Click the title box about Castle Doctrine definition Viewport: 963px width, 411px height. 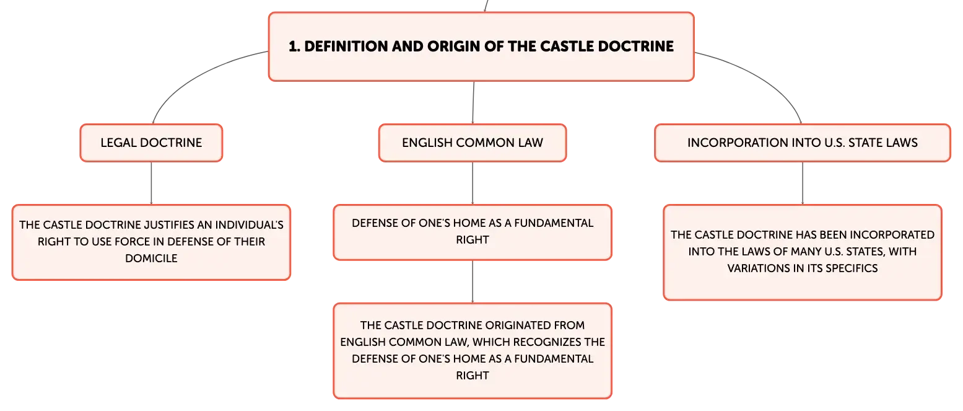(481, 46)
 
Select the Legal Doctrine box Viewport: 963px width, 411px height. (151, 143)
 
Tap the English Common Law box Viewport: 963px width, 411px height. (473, 143)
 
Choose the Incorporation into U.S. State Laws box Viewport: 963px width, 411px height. (803, 143)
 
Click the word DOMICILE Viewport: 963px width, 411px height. (151, 259)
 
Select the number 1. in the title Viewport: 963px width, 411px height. (294, 46)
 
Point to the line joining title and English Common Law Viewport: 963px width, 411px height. (473, 103)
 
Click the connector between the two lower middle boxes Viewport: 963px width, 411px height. (473, 282)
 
